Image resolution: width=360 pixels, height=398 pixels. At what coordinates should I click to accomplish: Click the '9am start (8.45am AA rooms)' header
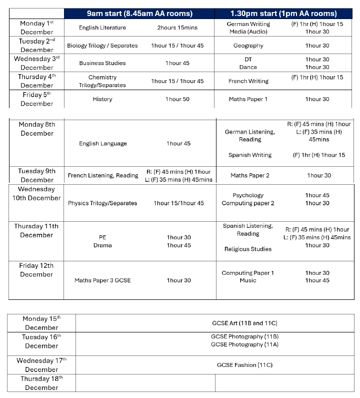139,14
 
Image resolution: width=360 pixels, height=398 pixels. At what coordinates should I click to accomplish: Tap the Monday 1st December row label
36,28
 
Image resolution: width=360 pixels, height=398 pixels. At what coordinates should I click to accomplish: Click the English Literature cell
102,28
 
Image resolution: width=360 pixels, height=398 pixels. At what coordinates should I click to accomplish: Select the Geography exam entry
248,46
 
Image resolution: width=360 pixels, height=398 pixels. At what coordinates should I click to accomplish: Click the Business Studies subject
102,63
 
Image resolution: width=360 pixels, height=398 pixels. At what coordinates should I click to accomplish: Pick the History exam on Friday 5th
102,99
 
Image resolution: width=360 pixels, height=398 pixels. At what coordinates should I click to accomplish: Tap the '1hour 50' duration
177,99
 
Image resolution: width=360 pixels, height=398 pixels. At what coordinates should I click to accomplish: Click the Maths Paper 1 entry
248,99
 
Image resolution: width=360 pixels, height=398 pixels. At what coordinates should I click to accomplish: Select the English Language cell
102,144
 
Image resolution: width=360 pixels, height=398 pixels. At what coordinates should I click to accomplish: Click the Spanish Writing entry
250,155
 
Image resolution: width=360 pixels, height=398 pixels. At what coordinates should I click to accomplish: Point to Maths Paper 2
250,176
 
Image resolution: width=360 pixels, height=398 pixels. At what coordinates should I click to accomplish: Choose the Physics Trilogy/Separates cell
102,203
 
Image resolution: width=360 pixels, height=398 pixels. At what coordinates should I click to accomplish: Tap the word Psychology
248,195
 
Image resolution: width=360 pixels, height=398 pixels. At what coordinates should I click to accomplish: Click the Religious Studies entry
248,249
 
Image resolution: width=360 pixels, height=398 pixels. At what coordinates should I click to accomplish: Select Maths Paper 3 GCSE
102,280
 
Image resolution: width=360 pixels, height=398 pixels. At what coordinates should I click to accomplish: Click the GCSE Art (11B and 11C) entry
244,323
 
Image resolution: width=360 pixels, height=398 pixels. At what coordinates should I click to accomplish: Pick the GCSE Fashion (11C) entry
244,365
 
